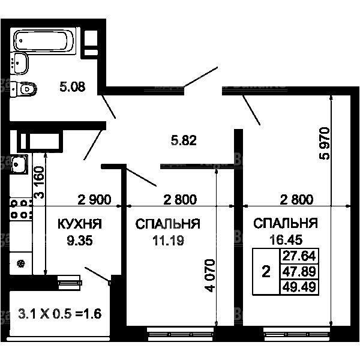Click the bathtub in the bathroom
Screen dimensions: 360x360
44,41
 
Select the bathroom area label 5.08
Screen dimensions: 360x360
73,87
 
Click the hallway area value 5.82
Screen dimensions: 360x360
184,140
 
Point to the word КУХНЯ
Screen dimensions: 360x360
79,224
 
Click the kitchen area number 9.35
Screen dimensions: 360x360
80,241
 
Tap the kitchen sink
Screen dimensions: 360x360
19,164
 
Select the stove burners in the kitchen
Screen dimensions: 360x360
20,209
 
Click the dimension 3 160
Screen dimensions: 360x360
39,182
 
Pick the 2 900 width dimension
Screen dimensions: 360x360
94,200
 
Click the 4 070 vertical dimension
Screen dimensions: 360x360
210,275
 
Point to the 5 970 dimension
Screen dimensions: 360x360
325,143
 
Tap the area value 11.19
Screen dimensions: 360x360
168,241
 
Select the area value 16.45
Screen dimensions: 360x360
286,239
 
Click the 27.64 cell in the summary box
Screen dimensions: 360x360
299,256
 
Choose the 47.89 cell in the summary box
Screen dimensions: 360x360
299,272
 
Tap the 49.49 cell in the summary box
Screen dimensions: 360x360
299,287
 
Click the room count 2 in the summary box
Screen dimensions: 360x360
266,272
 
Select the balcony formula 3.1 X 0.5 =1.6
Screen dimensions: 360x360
59,314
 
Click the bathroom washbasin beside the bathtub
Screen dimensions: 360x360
19,63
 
